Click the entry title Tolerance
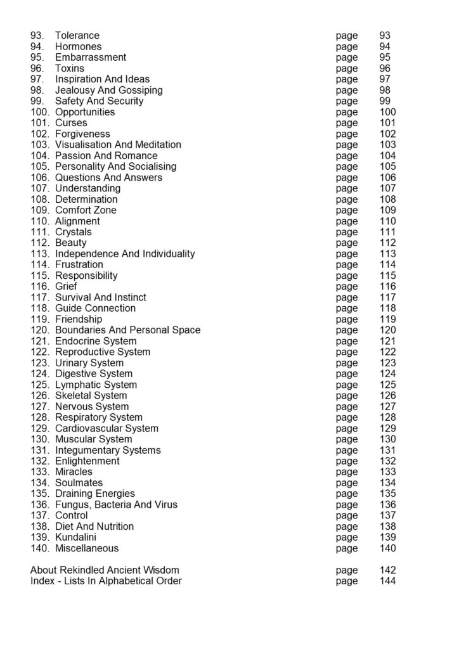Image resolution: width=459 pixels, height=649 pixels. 77,35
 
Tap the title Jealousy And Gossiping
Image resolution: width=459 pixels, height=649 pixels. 108,90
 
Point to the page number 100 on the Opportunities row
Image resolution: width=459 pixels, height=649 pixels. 387,112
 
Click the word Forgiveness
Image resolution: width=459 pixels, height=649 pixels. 82,134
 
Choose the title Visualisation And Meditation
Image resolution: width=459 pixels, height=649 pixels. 118,145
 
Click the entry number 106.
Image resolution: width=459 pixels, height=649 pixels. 39,177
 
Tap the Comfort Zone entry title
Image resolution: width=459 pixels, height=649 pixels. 86,210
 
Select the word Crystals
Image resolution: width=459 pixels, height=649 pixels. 74,232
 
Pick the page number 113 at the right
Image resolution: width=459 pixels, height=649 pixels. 387,254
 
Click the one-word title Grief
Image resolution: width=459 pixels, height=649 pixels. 66,286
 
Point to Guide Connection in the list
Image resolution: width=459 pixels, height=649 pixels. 95,308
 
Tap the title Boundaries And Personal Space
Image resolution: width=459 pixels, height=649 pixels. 127,330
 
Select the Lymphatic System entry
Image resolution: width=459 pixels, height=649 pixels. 96,385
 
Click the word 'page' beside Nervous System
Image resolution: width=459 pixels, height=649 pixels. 347,406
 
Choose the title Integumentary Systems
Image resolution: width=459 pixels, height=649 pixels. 108,450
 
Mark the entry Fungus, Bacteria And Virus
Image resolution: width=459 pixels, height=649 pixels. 116,504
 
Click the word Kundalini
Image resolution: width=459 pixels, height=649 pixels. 75,537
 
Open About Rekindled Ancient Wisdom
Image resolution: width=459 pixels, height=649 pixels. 105,570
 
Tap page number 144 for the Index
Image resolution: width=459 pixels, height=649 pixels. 387,581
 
